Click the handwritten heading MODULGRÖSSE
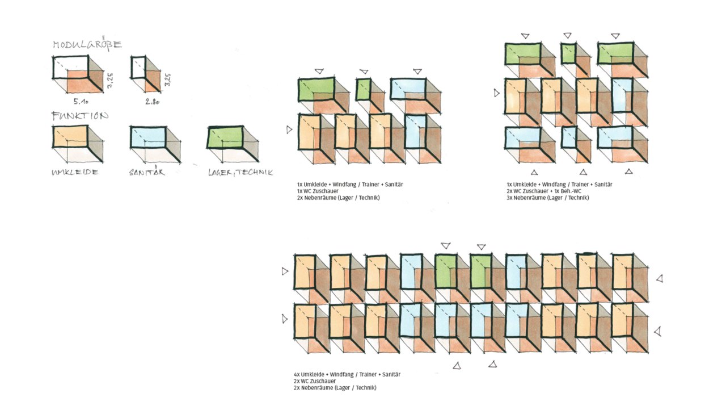click(x=87, y=44)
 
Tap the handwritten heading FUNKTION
click(x=80, y=116)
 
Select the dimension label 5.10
click(x=81, y=102)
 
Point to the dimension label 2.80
click(x=153, y=102)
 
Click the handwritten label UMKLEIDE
click(x=75, y=172)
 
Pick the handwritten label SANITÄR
click(x=147, y=171)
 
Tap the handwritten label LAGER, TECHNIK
click(x=240, y=172)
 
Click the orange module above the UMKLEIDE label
click(x=78, y=144)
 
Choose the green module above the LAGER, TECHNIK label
click(x=233, y=144)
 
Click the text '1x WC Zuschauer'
click(x=318, y=191)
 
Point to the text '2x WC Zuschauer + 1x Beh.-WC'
click(x=544, y=191)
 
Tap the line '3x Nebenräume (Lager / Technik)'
click(x=548, y=198)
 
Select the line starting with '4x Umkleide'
click(x=347, y=374)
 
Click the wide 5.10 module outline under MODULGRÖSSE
click(x=78, y=74)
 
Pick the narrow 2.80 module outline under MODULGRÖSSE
click(x=146, y=74)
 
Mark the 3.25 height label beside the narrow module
click(x=167, y=80)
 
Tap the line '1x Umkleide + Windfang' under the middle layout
click(x=350, y=185)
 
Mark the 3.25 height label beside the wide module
click(x=110, y=81)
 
